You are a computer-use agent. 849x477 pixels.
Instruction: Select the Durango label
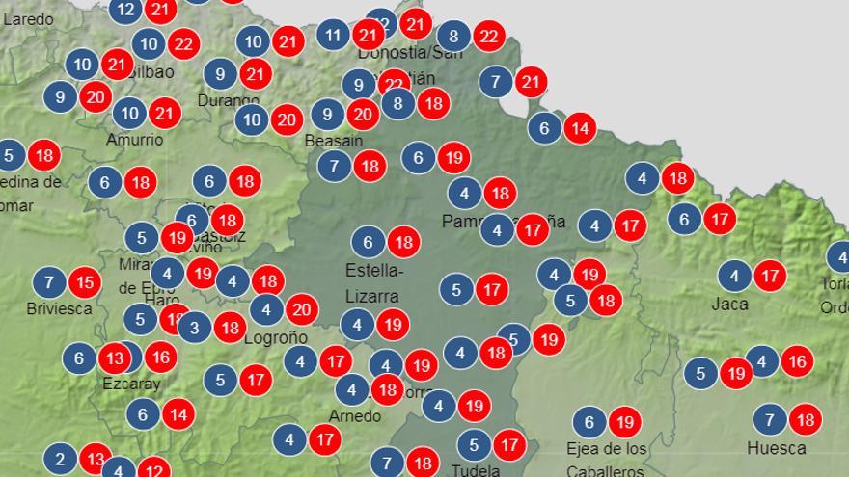pos(229,99)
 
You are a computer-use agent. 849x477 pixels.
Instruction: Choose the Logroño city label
pos(276,337)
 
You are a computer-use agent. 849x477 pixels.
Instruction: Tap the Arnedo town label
pos(355,416)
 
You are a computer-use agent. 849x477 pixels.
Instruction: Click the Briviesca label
pos(60,308)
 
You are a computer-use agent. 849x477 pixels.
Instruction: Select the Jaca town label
pos(729,304)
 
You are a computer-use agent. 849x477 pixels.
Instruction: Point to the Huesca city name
pos(776,448)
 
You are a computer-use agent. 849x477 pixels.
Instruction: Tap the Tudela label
pos(477,470)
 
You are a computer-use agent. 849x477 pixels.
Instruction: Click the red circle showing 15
pos(85,282)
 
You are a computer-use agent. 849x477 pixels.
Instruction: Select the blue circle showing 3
pos(194,327)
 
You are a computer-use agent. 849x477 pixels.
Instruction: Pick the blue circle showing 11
pos(333,37)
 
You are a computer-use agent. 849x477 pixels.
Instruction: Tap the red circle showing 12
pos(153,469)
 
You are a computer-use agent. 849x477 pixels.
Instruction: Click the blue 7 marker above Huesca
pos(769,419)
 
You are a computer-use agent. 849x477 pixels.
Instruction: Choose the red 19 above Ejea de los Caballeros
pos(624,421)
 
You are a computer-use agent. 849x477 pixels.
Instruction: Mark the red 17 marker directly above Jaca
pos(769,277)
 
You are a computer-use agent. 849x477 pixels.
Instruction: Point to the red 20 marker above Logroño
pos(301,309)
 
